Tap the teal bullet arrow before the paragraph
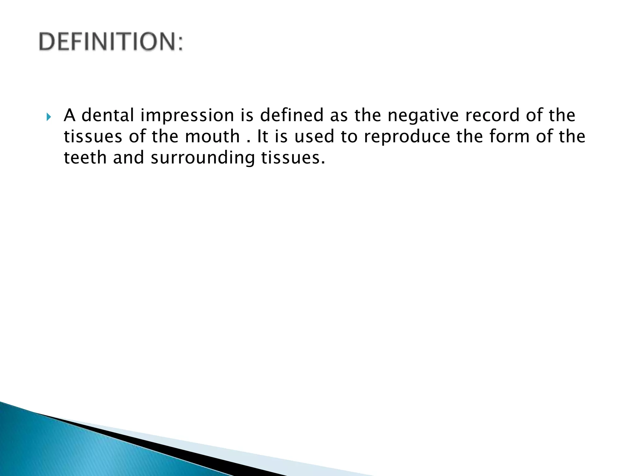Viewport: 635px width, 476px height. (48, 117)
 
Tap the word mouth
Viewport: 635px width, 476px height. (212, 137)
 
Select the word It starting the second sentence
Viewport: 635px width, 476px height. (263, 137)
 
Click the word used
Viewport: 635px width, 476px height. (314, 137)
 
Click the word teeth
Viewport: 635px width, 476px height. (85, 158)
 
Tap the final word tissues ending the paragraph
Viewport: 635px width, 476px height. (292, 158)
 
